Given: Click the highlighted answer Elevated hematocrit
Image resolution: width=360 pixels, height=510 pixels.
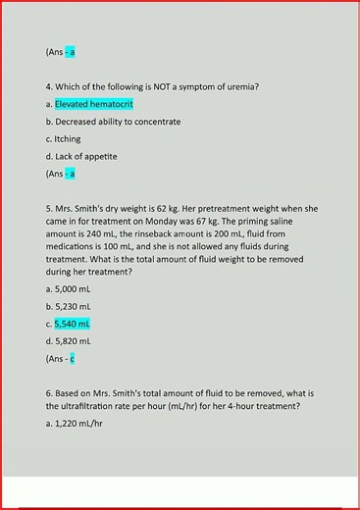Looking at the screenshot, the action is (94, 104).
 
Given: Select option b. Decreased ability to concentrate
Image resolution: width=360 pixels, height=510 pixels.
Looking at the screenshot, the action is (113, 122).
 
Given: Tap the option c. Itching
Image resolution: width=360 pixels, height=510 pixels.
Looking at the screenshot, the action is (63, 138).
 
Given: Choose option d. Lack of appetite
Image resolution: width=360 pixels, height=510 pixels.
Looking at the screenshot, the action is (81, 156).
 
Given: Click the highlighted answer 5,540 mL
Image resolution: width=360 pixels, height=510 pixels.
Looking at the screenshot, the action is (73, 323).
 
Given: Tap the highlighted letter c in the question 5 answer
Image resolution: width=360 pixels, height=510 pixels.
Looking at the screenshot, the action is (72, 358).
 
